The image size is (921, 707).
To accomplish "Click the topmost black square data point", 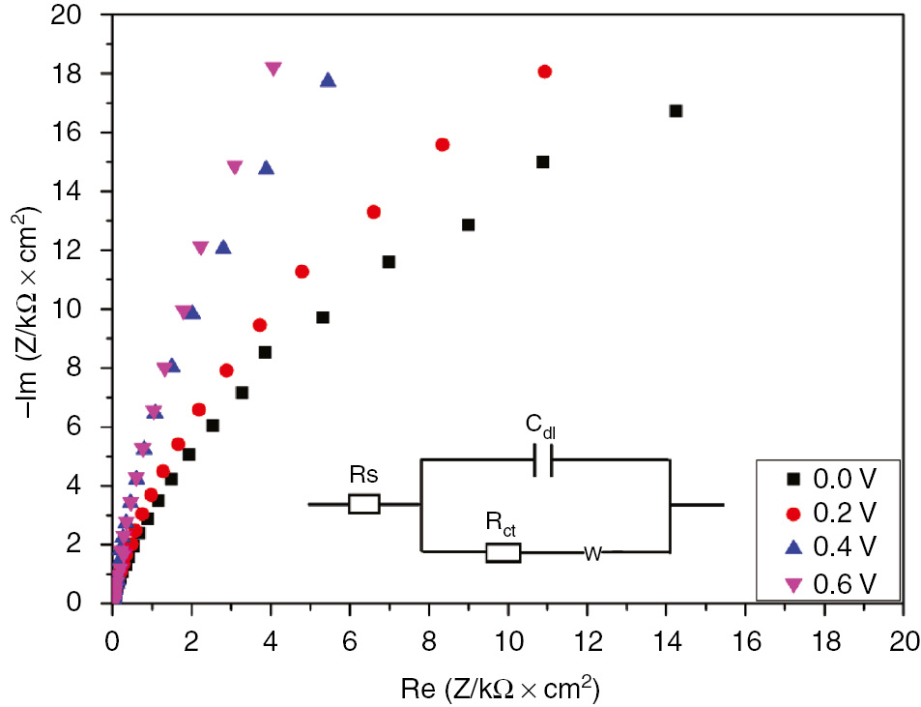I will [676, 111].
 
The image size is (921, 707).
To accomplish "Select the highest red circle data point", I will [544, 72].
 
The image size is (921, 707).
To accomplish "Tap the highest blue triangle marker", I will [328, 80].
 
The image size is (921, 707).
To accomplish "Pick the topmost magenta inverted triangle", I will [273, 69].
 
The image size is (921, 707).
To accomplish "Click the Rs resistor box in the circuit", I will [363, 504].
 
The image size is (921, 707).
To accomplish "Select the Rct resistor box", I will [503, 552].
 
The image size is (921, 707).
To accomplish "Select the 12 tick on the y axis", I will [81, 250].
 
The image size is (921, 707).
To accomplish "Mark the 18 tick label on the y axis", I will [81, 74].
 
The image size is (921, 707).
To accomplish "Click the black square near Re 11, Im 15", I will [542, 162].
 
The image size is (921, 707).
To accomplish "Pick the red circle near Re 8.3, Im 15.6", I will [443, 144].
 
